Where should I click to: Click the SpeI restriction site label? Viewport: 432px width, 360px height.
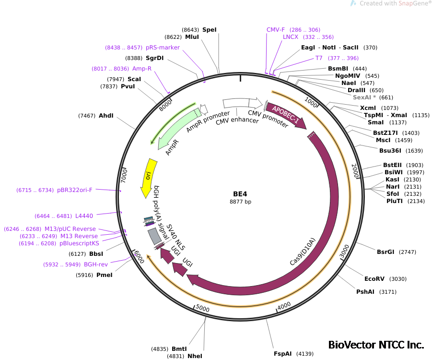(209, 30)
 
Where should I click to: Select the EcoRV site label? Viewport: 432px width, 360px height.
(374, 279)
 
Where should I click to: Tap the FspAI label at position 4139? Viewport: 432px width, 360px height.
(282, 354)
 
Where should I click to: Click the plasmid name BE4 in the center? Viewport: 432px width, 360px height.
(240, 194)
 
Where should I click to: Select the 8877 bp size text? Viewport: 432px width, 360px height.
(240, 202)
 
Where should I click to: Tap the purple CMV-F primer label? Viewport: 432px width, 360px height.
(276, 30)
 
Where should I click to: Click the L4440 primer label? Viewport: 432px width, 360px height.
(84, 216)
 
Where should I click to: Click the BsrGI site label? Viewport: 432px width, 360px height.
(385, 252)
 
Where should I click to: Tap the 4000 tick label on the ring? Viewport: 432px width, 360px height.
(284, 305)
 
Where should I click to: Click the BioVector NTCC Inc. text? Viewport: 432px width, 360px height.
(376, 345)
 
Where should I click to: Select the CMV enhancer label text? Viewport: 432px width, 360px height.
(237, 120)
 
